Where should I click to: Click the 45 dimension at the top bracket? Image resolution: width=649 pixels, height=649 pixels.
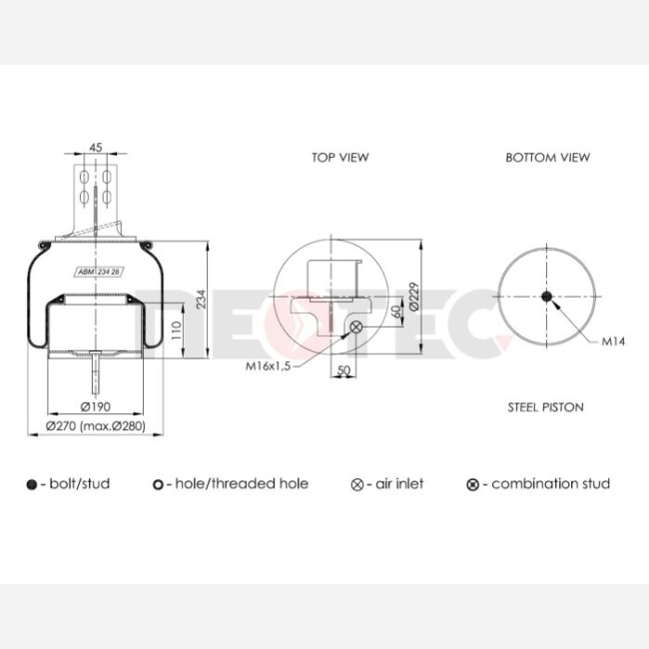(x=96, y=148)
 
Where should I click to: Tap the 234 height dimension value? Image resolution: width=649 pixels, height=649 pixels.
(x=201, y=299)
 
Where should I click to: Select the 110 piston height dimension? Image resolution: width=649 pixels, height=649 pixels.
(x=177, y=330)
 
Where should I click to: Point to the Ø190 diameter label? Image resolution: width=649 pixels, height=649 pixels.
(x=96, y=406)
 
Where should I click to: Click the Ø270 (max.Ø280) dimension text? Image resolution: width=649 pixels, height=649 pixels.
(x=96, y=426)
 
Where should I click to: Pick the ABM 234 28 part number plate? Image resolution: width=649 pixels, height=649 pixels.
(x=99, y=272)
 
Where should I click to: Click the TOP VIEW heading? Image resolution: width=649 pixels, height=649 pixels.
(x=340, y=158)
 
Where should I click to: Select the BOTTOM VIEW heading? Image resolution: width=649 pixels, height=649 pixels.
(x=547, y=158)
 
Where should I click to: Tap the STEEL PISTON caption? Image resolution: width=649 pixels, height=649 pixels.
(x=545, y=407)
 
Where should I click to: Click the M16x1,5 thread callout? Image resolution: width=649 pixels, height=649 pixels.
(x=269, y=365)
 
